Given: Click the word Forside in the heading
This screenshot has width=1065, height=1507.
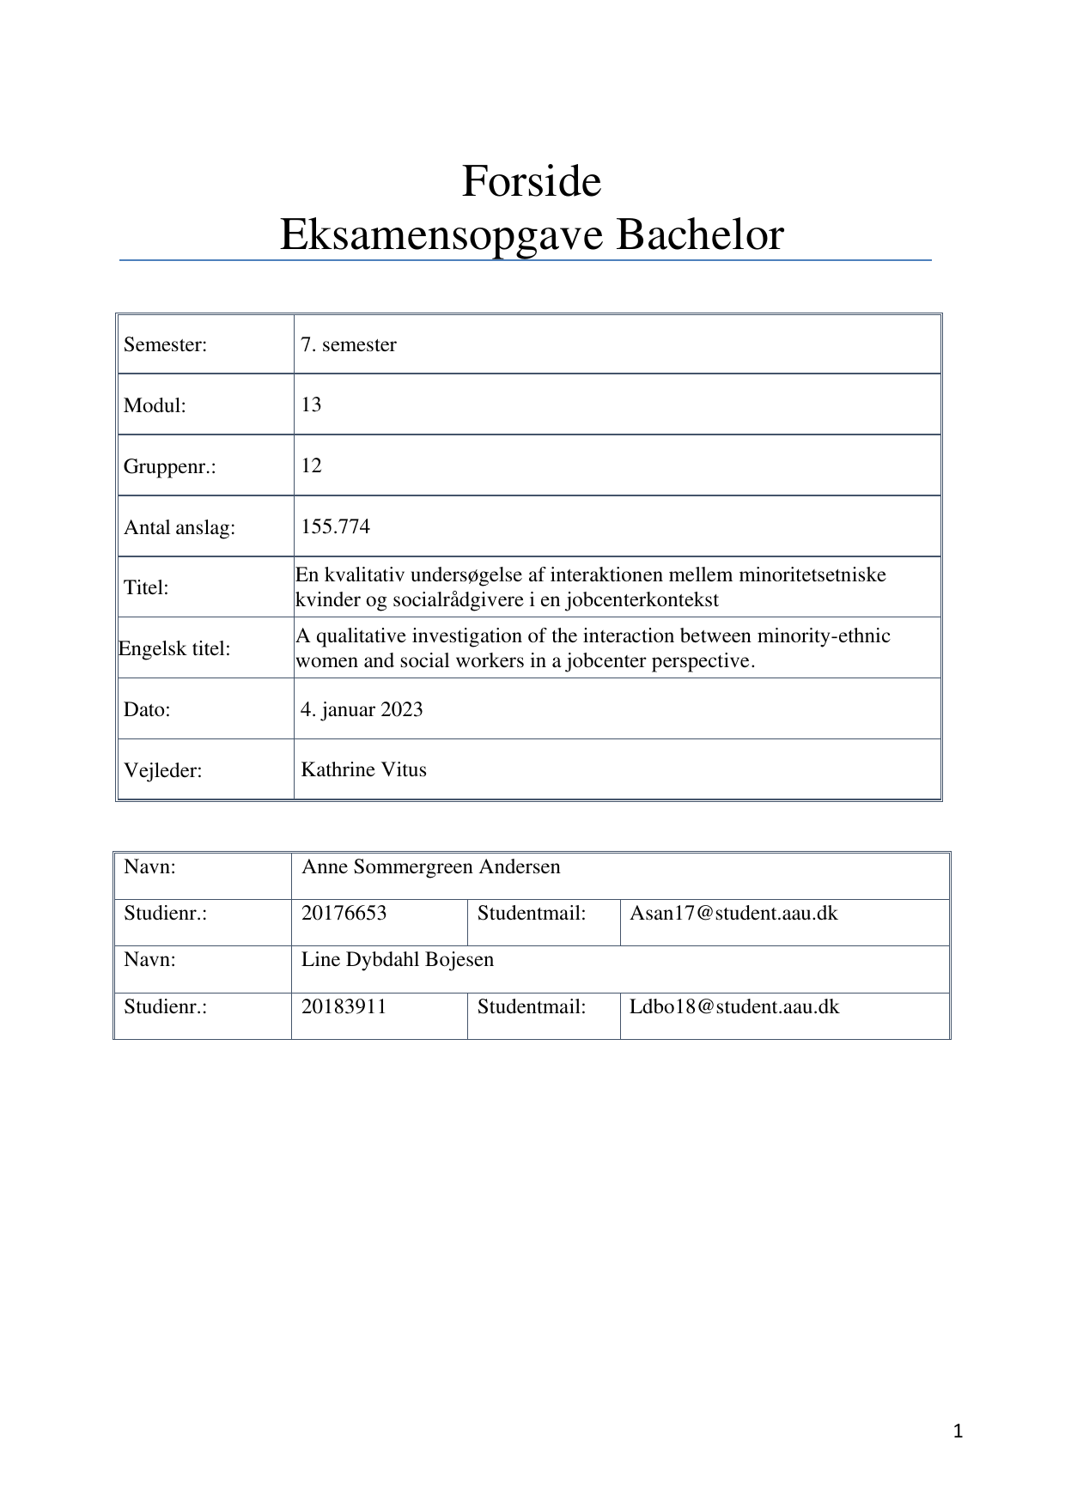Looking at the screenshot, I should [x=532, y=181].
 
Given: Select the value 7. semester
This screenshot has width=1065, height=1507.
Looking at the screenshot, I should [x=349, y=344].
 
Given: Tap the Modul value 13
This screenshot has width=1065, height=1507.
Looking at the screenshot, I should [x=311, y=404].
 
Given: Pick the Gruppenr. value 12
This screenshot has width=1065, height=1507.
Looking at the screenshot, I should [x=311, y=465].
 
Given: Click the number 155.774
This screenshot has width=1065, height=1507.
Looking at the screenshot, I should [x=335, y=526].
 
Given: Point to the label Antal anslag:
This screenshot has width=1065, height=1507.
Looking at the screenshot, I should [x=179, y=527].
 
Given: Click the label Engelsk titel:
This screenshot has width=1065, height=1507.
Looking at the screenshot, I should [x=174, y=648].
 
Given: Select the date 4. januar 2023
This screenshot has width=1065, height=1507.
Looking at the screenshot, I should [x=362, y=709].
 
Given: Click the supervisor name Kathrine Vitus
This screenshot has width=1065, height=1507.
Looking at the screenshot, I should [x=363, y=769].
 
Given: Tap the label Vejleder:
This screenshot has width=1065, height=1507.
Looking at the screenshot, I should [x=162, y=770].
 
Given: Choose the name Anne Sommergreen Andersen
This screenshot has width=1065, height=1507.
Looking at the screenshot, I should [x=430, y=866].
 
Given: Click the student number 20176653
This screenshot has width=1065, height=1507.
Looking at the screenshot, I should [x=344, y=913].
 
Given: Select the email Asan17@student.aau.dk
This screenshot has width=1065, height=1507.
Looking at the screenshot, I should [x=733, y=913].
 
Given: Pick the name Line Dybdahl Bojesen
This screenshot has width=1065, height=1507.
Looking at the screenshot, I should [x=397, y=959].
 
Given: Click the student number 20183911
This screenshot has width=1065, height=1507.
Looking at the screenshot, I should [x=344, y=1006].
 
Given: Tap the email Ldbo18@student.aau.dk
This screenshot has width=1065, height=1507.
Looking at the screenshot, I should [x=734, y=1006].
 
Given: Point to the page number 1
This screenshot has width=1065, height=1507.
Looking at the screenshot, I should [x=958, y=1431].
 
